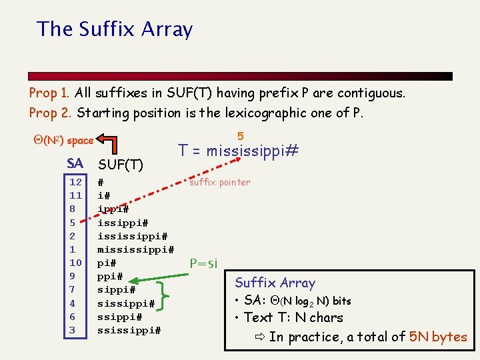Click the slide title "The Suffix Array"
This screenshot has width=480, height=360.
115,29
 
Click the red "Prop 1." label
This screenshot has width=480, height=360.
51,93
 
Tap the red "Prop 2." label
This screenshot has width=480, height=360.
51,113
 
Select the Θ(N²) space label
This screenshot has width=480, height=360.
63,141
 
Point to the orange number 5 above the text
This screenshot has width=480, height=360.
240,136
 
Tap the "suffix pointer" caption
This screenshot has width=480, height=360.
220,182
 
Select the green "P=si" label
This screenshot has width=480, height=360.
203,263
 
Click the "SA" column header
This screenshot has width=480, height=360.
75,163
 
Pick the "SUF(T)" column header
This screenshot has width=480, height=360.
121,164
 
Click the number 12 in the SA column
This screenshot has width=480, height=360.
75,182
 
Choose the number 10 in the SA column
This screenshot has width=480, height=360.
75,263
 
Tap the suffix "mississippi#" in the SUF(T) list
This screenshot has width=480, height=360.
135,249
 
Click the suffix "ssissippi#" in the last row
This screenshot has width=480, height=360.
129,330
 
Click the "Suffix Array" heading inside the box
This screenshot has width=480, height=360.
275,283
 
